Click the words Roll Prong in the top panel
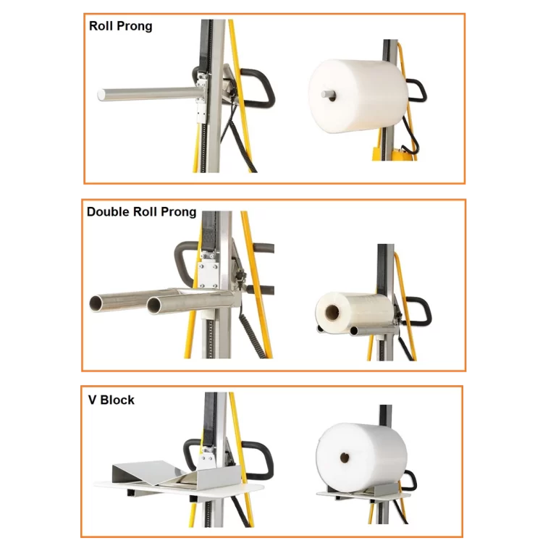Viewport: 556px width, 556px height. pyautogui.click(x=121, y=26)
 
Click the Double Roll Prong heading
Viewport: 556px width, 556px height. pyautogui.click(x=141, y=211)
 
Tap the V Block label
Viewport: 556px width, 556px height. pyautogui.click(x=111, y=400)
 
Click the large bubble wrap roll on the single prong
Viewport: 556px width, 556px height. pyautogui.click(x=358, y=96)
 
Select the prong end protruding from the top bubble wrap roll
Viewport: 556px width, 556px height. pyautogui.click(x=328, y=94)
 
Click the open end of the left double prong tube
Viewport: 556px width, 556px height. pyautogui.click(x=97, y=303)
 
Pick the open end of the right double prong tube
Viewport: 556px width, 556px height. pyautogui.click(x=154, y=306)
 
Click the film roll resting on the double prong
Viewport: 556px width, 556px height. pyautogui.click(x=355, y=311)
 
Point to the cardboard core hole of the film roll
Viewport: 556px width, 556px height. pyautogui.click(x=332, y=312)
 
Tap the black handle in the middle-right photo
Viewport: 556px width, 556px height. pyautogui.click(x=418, y=311)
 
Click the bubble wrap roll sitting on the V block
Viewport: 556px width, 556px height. pyautogui.click(x=362, y=458)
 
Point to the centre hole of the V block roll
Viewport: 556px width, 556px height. pyautogui.click(x=345, y=458)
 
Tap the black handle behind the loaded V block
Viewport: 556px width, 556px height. pyautogui.click(x=411, y=481)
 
